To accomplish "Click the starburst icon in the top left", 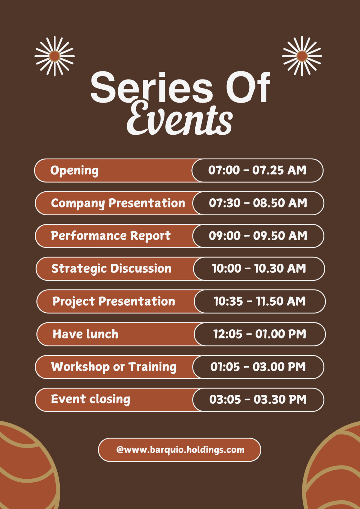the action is point(55,56).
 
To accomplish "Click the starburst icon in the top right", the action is point(302,56).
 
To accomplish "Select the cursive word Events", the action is point(179,118).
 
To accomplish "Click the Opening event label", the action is point(74,171).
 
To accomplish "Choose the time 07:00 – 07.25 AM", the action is point(257,170).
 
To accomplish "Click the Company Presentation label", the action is point(118,203).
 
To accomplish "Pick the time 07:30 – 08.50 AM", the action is point(258,203).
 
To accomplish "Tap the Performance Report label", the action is point(111,236).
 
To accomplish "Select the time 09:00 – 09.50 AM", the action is point(258,236).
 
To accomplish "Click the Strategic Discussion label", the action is point(111,269).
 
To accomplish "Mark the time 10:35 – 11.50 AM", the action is point(260,301).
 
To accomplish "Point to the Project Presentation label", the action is point(114,301).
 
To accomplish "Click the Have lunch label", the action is point(85,334).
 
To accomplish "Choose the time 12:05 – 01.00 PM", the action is point(260,334).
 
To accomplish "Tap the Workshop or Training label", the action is point(114,367).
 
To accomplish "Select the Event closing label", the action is point(91,400).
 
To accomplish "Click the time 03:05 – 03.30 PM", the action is point(258,399).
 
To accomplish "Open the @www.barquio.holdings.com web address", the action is point(180,450).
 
